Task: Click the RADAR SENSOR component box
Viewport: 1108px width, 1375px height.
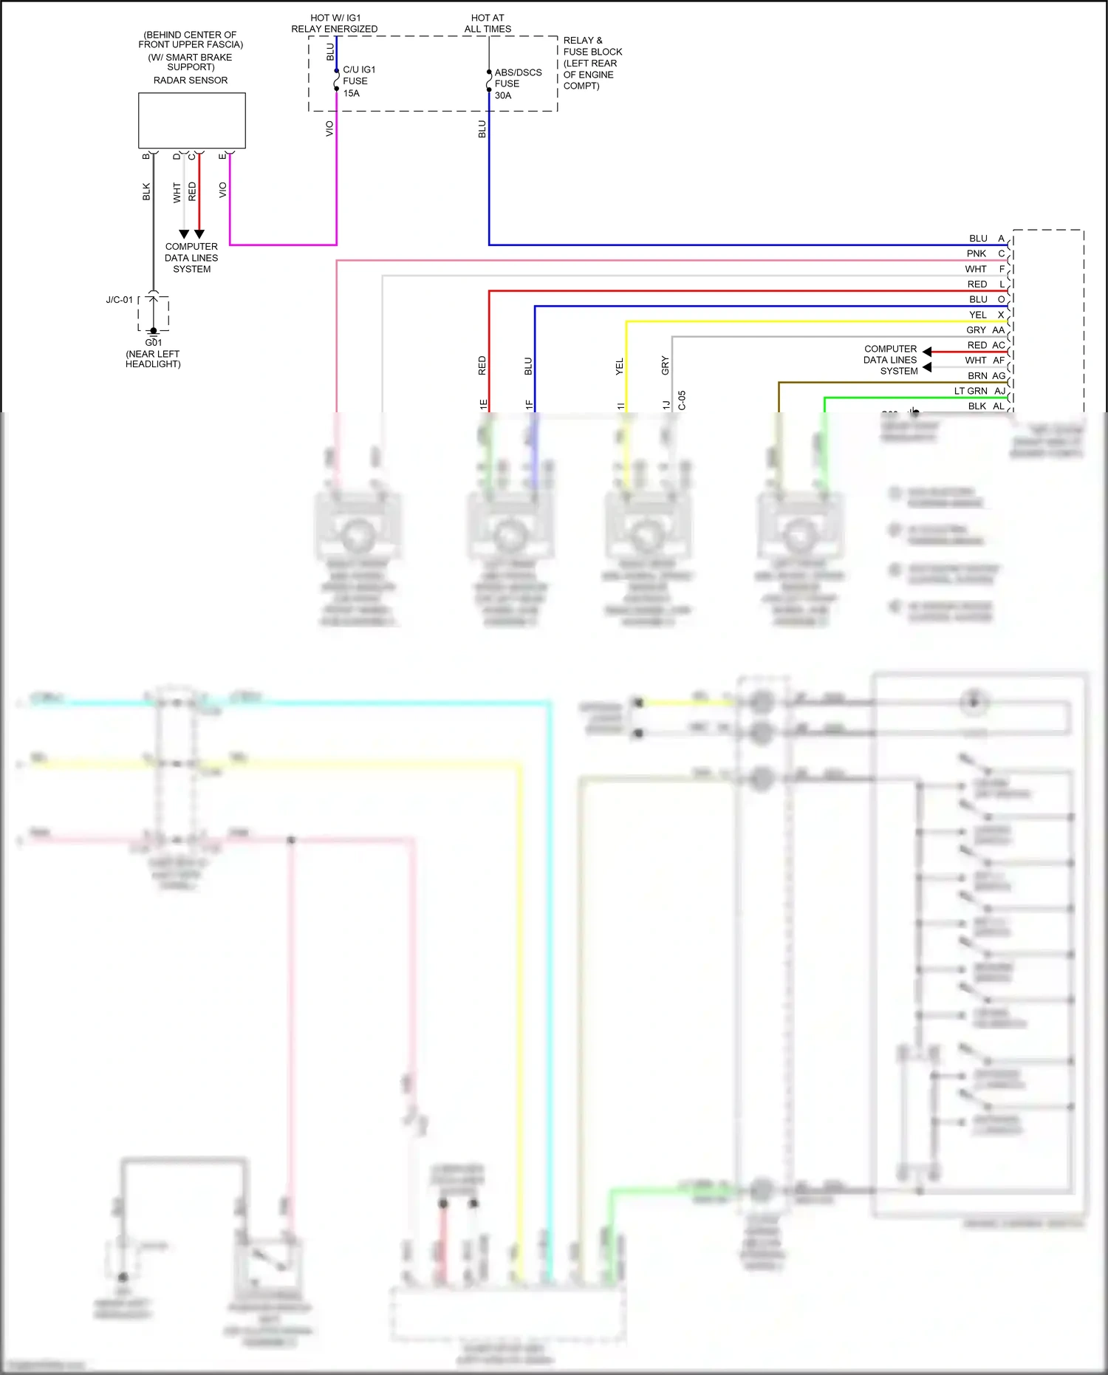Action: (x=192, y=120)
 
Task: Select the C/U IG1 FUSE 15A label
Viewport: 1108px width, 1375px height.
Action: (x=358, y=81)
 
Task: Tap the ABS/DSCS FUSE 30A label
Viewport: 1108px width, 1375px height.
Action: (x=517, y=83)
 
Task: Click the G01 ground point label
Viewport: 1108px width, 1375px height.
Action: (x=153, y=343)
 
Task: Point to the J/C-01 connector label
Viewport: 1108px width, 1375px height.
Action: (x=119, y=300)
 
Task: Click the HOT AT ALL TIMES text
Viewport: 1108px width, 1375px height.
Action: (x=488, y=24)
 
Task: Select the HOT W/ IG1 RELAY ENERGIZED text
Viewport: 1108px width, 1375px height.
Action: (x=334, y=24)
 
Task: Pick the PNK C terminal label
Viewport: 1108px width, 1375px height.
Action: (x=985, y=253)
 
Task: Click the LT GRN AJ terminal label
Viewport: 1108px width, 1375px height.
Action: (x=979, y=391)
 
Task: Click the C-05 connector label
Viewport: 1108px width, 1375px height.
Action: (x=682, y=400)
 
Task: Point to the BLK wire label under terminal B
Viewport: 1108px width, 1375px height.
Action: (x=146, y=192)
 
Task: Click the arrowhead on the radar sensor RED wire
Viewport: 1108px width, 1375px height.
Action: (x=199, y=234)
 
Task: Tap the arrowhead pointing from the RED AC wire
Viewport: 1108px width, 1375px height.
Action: (x=927, y=352)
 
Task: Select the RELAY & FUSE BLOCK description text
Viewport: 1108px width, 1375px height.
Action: (x=592, y=64)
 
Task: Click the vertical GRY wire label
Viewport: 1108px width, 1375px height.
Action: (x=665, y=365)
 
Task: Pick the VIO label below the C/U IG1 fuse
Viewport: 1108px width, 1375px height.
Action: (x=329, y=129)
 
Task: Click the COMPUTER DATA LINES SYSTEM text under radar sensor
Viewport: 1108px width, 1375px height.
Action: (x=191, y=258)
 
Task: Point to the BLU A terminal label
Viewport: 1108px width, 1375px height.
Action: (x=986, y=239)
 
